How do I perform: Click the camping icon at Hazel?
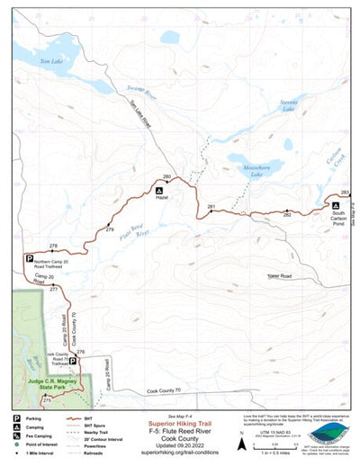(160, 192)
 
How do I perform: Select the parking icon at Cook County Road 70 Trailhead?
(74, 361)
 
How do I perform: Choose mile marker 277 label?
(54, 291)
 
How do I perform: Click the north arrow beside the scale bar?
(242, 444)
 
